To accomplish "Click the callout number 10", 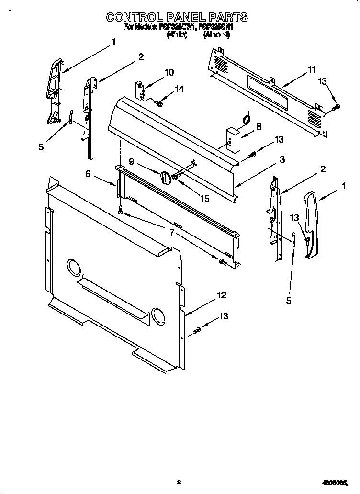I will (169, 73).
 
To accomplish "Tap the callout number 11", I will (312, 70).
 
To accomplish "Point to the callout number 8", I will (259, 127).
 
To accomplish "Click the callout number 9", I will (131, 162).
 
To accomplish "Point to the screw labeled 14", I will (158, 102).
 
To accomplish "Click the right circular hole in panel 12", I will (157, 315).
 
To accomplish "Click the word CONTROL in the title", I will (133, 17).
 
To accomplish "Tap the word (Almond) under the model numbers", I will (217, 35).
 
